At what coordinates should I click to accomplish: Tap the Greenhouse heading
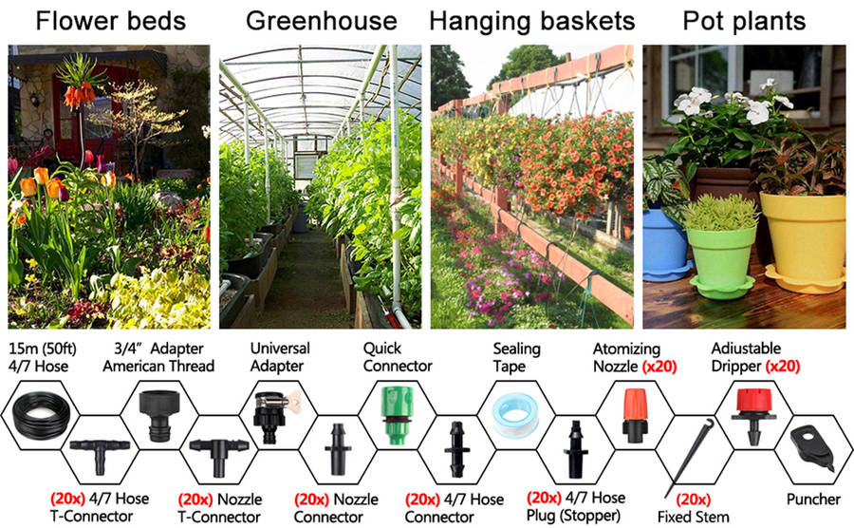(321, 21)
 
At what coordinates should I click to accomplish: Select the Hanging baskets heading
(531, 21)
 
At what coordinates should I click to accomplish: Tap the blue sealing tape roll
(516, 412)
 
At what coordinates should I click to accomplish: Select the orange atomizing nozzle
(634, 417)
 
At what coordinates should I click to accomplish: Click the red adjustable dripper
(755, 416)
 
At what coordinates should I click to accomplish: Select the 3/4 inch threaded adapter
(157, 414)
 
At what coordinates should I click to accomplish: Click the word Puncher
(813, 499)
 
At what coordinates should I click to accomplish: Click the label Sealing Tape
(516, 357)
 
